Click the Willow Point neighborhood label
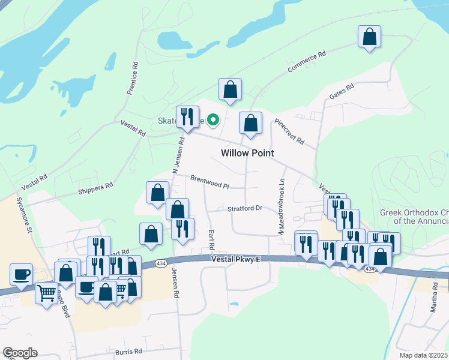click(247, 153)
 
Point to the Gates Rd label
click(342, 92)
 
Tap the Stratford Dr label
click(245, 208)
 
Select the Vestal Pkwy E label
click(237, 259)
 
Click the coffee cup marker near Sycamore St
click(22, 274)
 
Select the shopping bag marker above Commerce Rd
click(370, 36)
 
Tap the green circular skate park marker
click(211, 120)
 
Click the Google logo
click(20, 353)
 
